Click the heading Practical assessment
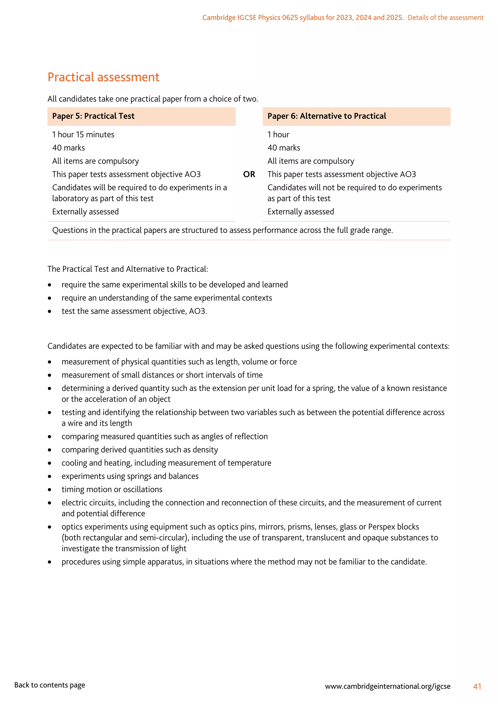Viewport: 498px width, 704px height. pyautogui.click(x=103, y=77)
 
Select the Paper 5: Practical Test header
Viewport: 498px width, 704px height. pyautogui.click(x=93, y=116)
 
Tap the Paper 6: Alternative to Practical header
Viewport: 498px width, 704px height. pyautogui.click(x=327, y=116)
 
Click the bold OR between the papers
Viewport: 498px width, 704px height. pyautogui.click(x=249, y=175)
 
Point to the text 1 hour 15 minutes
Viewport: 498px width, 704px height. pyautogui.click(x=83, y=135)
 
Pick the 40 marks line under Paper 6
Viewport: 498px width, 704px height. pyautogui.click(x=284, y=148)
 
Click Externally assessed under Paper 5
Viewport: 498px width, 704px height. pyautogui.click(x=85, y=212)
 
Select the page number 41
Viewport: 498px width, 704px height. pyautogui.click(x=477, y=686)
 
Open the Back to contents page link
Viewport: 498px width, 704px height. pyautogui.click(x=50, y=685)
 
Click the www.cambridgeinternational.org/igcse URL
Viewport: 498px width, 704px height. pyautogui.click(x=388, y=686)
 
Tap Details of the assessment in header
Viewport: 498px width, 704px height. pyautogui.click(x=445, y=18)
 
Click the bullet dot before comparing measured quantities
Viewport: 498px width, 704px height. pyautogui.click(x=50, y=437)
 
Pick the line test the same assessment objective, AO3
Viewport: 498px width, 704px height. pyautogui.click(x=134, y=311)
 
